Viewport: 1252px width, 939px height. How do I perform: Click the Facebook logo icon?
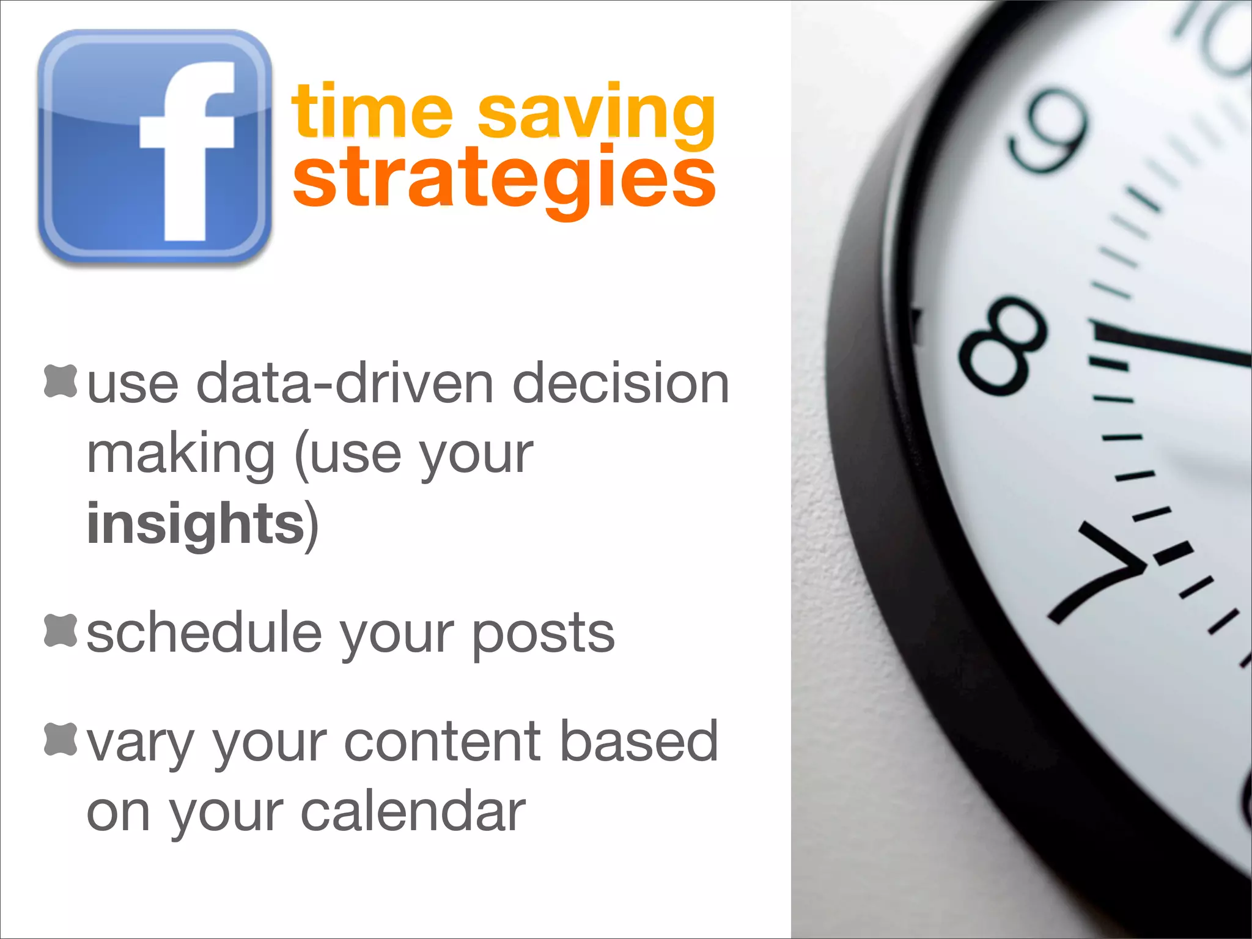154,147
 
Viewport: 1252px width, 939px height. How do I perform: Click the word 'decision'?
620,383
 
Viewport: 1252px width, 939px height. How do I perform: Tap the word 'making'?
181,455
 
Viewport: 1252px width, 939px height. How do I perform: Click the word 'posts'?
543,636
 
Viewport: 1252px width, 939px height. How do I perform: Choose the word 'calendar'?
413,812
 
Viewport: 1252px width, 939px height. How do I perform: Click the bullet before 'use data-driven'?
61,381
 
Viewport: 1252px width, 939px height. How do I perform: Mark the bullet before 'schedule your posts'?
61,630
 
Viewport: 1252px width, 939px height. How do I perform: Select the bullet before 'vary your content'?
61,738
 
